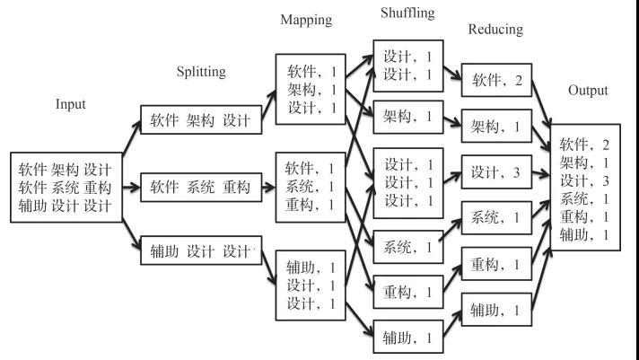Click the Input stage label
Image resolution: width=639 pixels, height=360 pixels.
tap(70, 104)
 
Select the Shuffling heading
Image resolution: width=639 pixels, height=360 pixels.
tap(407, 13)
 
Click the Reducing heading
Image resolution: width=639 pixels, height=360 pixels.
tap(495, 30)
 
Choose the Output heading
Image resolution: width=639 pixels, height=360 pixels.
tap(588, 91)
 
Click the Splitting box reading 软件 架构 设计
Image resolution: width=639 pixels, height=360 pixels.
tap(200, 120)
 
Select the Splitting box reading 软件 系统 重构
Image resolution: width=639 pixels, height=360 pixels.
tap(200, 188)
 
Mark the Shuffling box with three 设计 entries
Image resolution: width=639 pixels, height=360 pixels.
tap(408, 182)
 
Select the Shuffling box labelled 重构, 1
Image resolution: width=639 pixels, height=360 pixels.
tap(408, 292)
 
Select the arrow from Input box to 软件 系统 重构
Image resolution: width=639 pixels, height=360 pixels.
tap(131, 189)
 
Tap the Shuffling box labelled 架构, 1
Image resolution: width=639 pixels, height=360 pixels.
tap(408, 116)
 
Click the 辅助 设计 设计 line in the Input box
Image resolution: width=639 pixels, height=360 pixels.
tap(66, 208)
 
